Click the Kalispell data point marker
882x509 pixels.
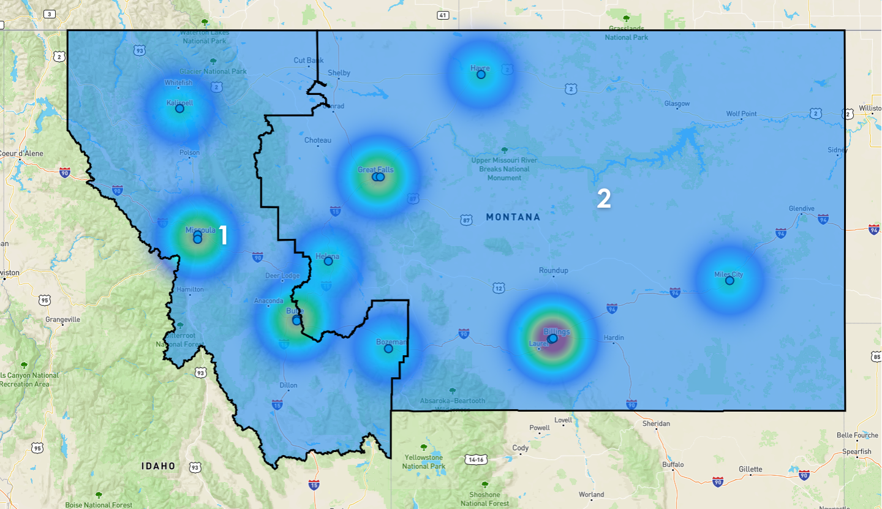[179, 108]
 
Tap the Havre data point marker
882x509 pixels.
[481, 74]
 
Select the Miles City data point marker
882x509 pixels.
[729, 281]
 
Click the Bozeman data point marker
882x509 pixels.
[388, 349]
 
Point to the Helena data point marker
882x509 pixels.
[328, 261]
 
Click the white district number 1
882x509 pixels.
[223, 235]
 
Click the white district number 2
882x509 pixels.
[604, 198]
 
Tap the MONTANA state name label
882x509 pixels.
[513, 217]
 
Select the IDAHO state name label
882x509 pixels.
[159, 466]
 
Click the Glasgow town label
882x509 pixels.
[677, 104]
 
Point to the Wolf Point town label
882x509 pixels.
[742, 114]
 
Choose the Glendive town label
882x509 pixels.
[802, 208]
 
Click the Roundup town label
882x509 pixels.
[554, 270]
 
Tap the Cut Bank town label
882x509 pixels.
[308, 60]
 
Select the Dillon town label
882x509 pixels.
[288, 385]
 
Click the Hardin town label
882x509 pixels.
[614, 337]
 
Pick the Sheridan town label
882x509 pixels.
[656, 423]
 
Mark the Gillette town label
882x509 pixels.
[750, 469]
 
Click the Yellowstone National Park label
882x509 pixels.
[423, 462]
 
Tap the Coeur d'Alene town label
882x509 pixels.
[22, 153]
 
